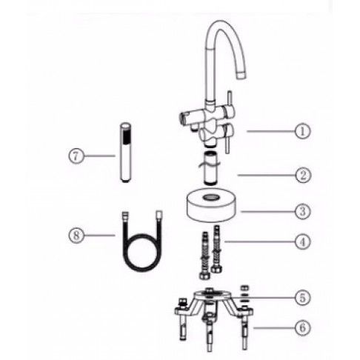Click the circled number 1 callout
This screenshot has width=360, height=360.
click(302, 131)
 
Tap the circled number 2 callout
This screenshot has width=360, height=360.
click(303, 175)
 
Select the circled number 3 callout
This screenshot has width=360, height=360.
click(303, 211)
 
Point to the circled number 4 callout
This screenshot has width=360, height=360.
click(303, 241)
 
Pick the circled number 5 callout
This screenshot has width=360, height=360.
click(303, 298)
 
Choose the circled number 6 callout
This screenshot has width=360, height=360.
click(303, 328)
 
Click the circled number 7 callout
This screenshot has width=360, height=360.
click(76, 156)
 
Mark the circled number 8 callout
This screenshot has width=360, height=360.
click(76, 235)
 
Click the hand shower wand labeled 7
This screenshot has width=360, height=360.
click(126, 153)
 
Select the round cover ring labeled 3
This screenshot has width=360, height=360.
click(210, 205)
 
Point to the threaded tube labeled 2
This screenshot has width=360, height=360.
click(210, 168)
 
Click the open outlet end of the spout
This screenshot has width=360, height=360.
click(241, 74)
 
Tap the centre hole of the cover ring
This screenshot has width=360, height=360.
click(210, 197)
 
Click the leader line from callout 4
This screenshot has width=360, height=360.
click(259, 241)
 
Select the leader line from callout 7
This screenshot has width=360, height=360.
click(99, 156)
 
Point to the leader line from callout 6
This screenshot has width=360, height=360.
click(274, 328)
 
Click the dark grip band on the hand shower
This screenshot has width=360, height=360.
click(126, 136)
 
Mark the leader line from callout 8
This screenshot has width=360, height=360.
click(99, 235)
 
